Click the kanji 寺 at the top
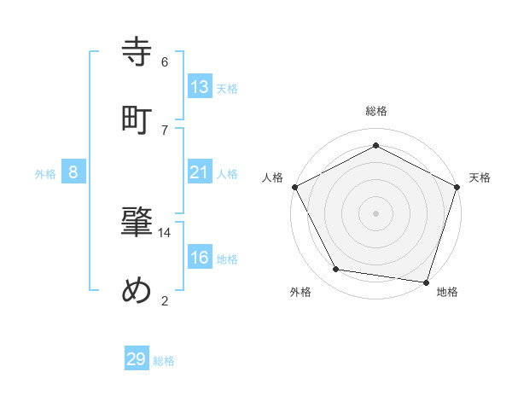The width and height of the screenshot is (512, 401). pyautogui.click(x=137, y=52)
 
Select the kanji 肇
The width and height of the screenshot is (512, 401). pyautogui.click(x=137, y=223)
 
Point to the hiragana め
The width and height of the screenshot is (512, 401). pyautogui.click(x=137, y=291)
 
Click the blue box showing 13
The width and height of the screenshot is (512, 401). pyautogui.click(x=200, y=86)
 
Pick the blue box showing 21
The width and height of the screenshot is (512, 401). pyautogui.click(x=200, y=172)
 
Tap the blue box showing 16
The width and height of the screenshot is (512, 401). pyautogui.click(x=200, y=258)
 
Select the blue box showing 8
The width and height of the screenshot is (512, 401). pyautogui.click(x=73, y=172)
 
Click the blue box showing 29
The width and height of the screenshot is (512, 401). pyautogui.click(x=137, y=359)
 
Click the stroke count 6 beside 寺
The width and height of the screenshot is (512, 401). pyautogui.click(x=165, y=61)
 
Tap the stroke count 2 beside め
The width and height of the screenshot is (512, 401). pyautogui.click(x=165, y=299)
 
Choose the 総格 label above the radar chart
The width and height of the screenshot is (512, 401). pyautogui.click(x=376, y=112)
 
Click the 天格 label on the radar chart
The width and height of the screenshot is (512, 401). pyautogui.click(x=480, y=177)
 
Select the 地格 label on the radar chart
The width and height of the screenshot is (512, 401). pyautogui.click(x=447, y=292)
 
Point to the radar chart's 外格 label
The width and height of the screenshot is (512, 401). pyautogui.click(x=300, y=292)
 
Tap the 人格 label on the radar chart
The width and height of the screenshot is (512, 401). pyautogui.click(x=273, y=177)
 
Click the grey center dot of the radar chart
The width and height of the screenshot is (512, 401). pyautogui.click(x=376, y=212)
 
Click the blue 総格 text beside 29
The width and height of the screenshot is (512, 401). pyautogui.click(x=164, y=361)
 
